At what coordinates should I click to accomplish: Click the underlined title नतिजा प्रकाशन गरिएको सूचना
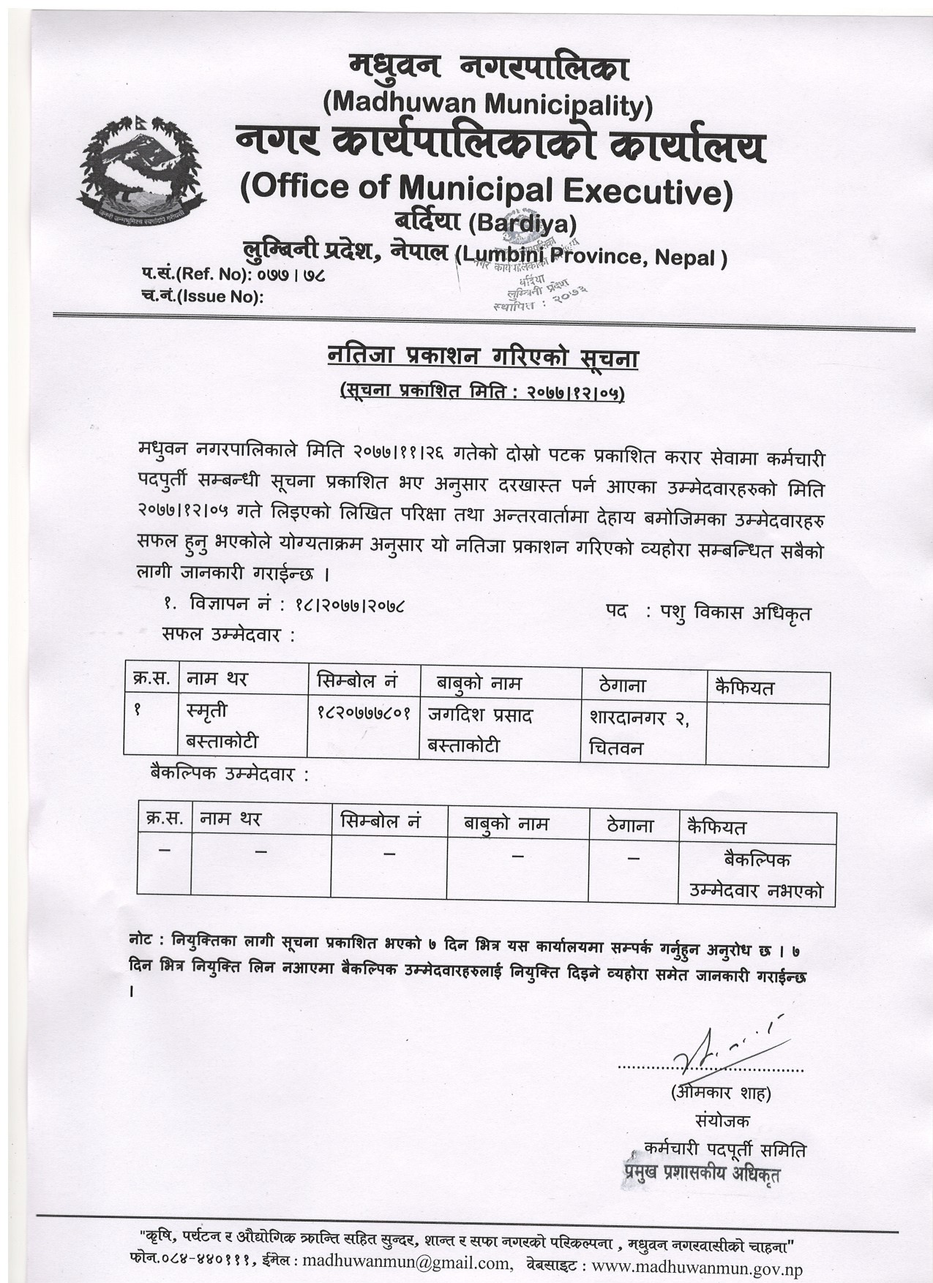coord(483,358)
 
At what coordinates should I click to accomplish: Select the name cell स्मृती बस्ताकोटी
coord(222,726)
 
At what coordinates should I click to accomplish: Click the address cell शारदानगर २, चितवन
coord(640,731)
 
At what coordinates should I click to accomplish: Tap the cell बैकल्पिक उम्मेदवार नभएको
coord(756,875)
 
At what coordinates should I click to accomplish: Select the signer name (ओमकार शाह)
coord(721,1094)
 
